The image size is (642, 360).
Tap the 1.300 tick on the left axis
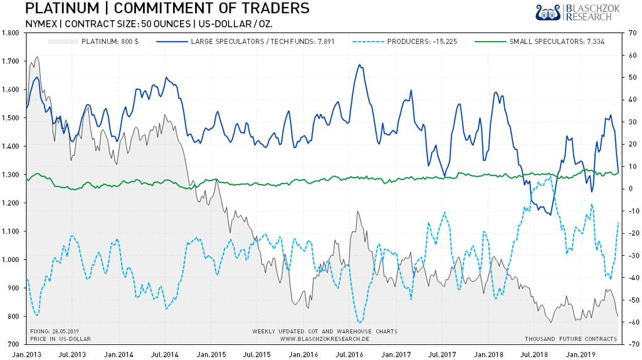click(x=13, y=174)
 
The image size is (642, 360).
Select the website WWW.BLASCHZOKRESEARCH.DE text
click(x=324, y=339)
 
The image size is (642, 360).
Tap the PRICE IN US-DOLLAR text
click(x=60, y=339)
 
